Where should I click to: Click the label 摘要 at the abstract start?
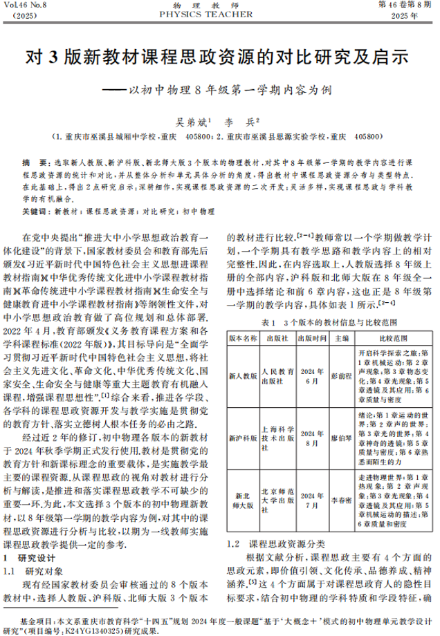pos(33,160)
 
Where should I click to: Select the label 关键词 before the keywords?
pos(35,209)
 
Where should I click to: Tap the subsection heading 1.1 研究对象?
pos(35,571)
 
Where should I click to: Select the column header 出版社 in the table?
pos(276,339)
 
